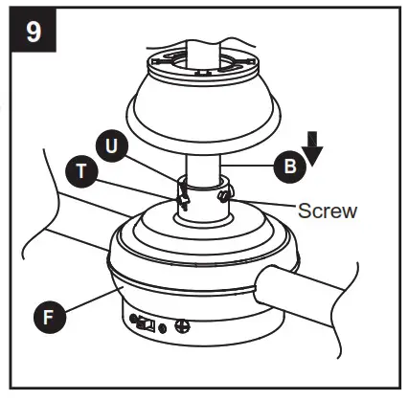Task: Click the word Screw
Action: click(x=328, y=210)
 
